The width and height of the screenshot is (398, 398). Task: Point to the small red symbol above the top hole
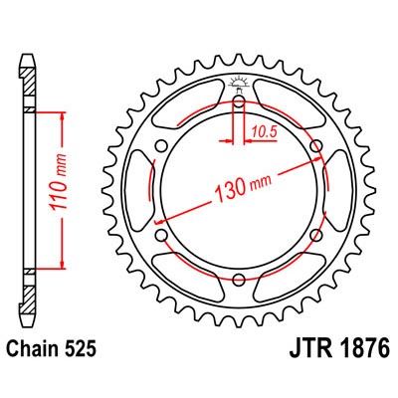coord(239,82)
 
